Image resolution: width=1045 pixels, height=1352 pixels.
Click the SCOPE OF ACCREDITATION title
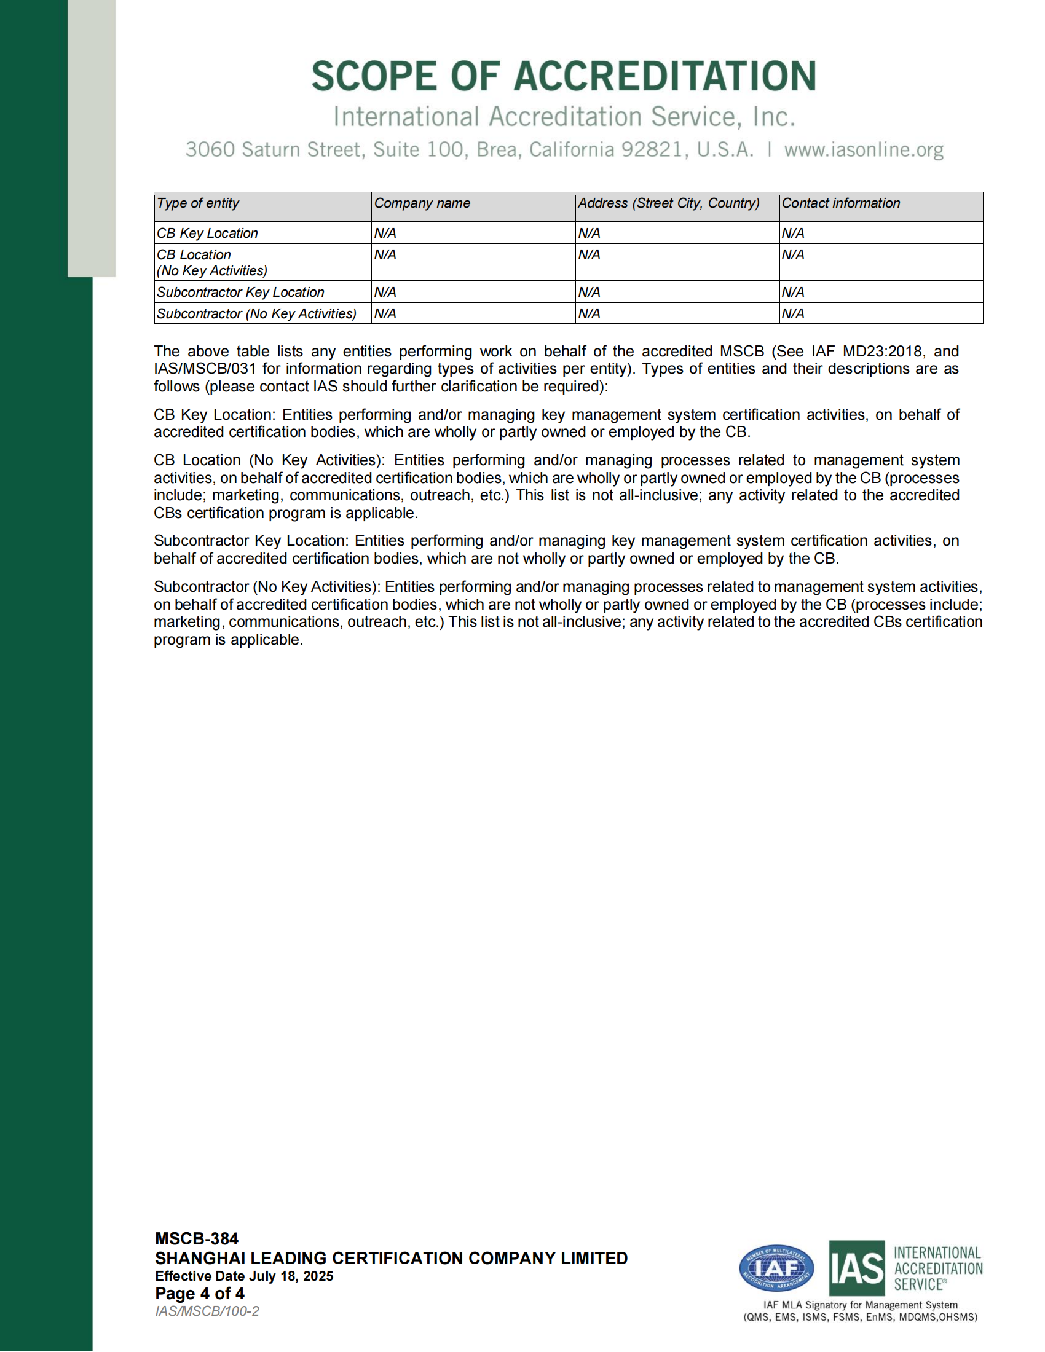(x=563, y=76)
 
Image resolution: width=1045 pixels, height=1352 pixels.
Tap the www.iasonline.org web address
(x=864, y=150)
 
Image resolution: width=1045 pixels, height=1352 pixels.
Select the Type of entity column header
(x=198, y=203)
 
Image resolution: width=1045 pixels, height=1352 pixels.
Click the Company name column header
(x=422, y=203)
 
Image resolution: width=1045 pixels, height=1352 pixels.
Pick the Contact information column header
(x=841, y=203)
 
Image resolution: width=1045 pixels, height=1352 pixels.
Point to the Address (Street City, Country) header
(x=669, y=203)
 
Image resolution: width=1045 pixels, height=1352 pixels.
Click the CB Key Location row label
(x=207, y=234)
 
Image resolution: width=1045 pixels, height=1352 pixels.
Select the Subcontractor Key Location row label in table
(x=240, y=292)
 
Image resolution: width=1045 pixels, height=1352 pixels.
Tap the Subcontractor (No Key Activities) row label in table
(x=256, y=314)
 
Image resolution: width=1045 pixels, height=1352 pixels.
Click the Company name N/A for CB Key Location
(x=385, y=234)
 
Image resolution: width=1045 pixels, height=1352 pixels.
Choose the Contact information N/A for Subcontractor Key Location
(x=793, y=292)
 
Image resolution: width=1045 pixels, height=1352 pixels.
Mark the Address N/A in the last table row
(x=589, y=314)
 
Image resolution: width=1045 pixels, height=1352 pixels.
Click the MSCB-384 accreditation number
(x=196, y=1238)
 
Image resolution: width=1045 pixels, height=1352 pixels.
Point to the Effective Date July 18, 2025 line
(x=244, y=1276)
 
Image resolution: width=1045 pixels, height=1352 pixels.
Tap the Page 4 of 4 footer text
(x=199, y=1293)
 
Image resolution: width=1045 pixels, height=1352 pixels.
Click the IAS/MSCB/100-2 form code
(x=207, y=1311)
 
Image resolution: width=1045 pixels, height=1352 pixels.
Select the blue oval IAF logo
(x=776, y=1268)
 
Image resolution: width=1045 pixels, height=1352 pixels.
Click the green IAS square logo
(x=857, y=1268)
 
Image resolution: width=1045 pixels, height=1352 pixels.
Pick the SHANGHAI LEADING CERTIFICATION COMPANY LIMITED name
(x=391, y=1258)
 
